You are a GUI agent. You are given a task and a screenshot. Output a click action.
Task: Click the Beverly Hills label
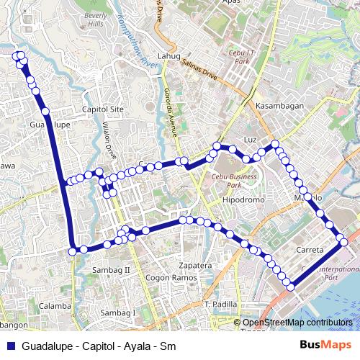tap(95, 19)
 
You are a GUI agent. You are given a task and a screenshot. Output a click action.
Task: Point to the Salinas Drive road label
tap(199, 69)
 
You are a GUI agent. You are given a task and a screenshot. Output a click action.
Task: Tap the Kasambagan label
tap(279, 105)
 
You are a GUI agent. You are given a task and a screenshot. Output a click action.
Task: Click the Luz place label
tap(251, 138)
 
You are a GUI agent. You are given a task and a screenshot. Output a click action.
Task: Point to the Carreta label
tap(310, 249)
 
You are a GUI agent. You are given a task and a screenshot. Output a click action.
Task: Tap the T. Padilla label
tap(221, 305)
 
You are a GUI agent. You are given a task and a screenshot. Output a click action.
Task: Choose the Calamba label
tap(55, 305)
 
